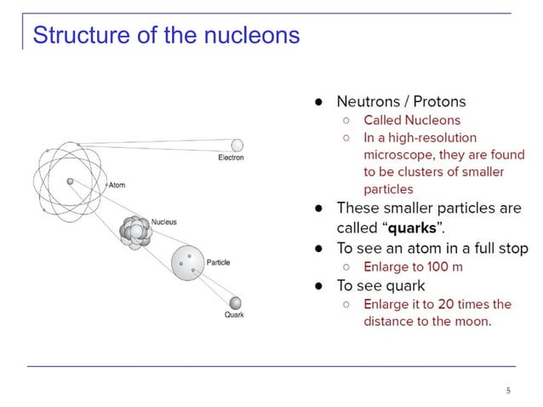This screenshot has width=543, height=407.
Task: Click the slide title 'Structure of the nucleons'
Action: click(x=166, y=36)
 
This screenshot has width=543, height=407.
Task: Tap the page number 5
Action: click(x=508, y=391)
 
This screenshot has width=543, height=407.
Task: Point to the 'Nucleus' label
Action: click(x=163, y=222)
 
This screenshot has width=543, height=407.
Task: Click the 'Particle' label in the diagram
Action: click(x=218, y=262)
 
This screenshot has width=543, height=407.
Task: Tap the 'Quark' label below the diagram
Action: click(x=234, y=315)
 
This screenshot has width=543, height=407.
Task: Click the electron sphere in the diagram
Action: click(x=237, y=145)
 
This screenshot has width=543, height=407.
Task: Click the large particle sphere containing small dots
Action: click(x=188, y=262)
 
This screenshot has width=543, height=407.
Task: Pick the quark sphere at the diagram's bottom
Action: click(x=235, y=302)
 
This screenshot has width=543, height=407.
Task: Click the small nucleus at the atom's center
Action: click(x=70, y=181)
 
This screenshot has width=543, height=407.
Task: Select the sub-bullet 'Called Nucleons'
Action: click(x=412, y=120)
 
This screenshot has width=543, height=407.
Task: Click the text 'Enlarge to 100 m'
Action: click(x=413, y=267)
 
